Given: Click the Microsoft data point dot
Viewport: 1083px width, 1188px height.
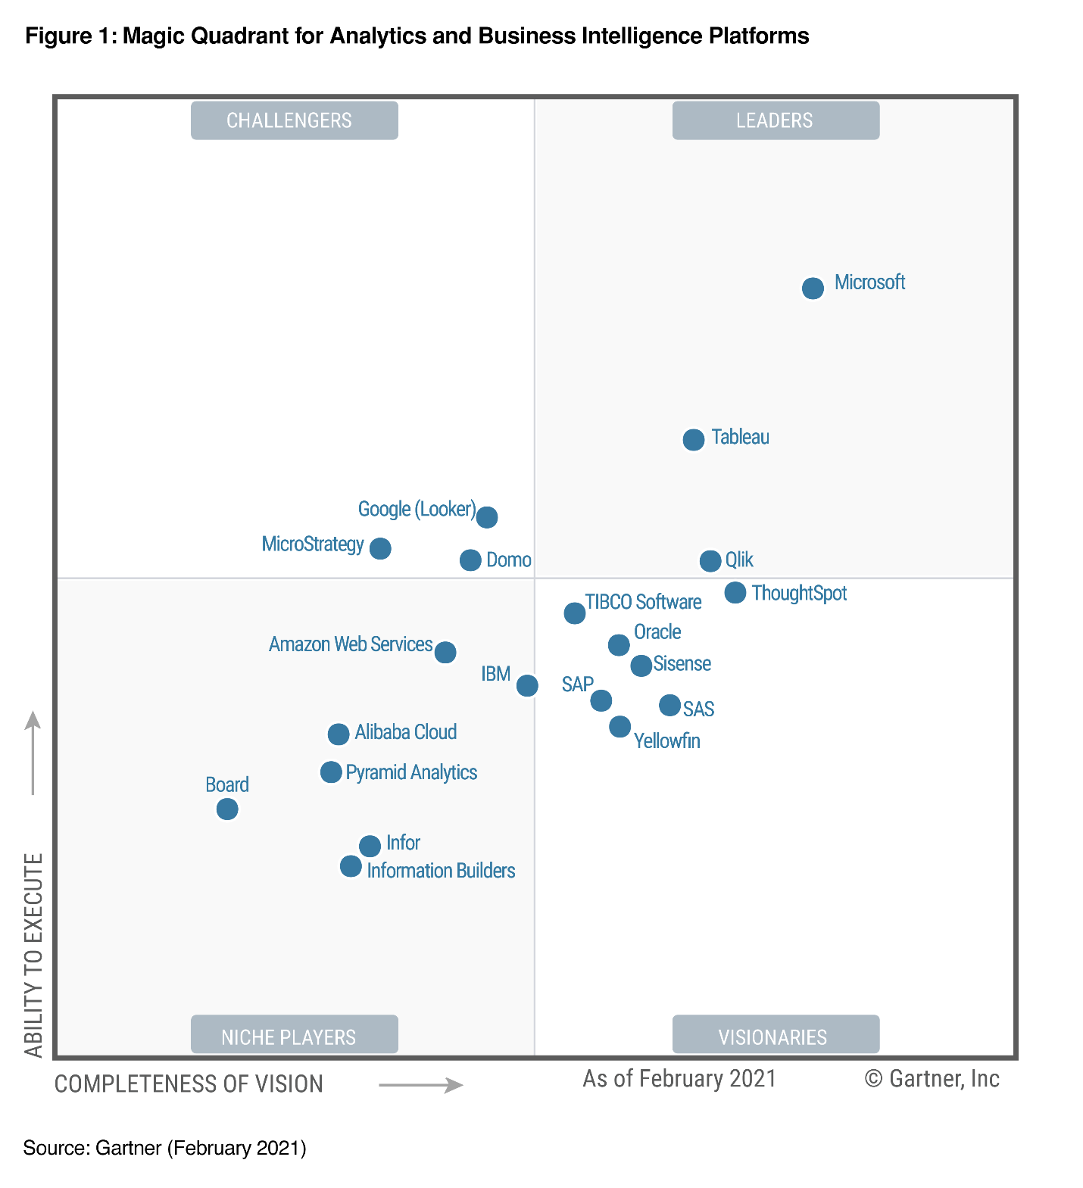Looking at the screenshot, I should (x=813, y=288).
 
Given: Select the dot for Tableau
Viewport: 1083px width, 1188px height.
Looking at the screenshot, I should (x=694, y=439).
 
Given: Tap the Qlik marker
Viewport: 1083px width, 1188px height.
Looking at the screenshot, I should (x=710, y=561).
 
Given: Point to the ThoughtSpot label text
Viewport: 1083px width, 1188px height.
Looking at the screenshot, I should (x=799, y=593).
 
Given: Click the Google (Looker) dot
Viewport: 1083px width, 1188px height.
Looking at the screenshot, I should (x=487, y=517).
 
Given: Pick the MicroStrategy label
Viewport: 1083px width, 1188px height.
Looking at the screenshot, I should (x=313, y=544).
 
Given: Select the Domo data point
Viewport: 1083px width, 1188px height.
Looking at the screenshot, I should (x=470, y=560).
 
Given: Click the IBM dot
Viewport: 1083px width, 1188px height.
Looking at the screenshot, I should (x=527, y=685).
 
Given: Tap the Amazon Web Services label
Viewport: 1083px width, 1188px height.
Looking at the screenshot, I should (x=351, y=644).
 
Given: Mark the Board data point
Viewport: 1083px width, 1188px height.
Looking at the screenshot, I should (x=227, y=809).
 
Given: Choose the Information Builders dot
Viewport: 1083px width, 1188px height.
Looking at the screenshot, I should (x=351, y=866).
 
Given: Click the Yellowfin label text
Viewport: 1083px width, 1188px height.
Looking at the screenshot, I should (x=666, y=741).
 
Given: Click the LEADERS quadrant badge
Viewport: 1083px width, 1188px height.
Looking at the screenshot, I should (x=776, y=120).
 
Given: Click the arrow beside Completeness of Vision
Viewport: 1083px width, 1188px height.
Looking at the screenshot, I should (x=420, y=1085).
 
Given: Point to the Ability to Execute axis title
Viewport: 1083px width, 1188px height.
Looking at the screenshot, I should (x=33, y=954).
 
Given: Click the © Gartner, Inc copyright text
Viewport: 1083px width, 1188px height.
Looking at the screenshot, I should (x=932, y=1078).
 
